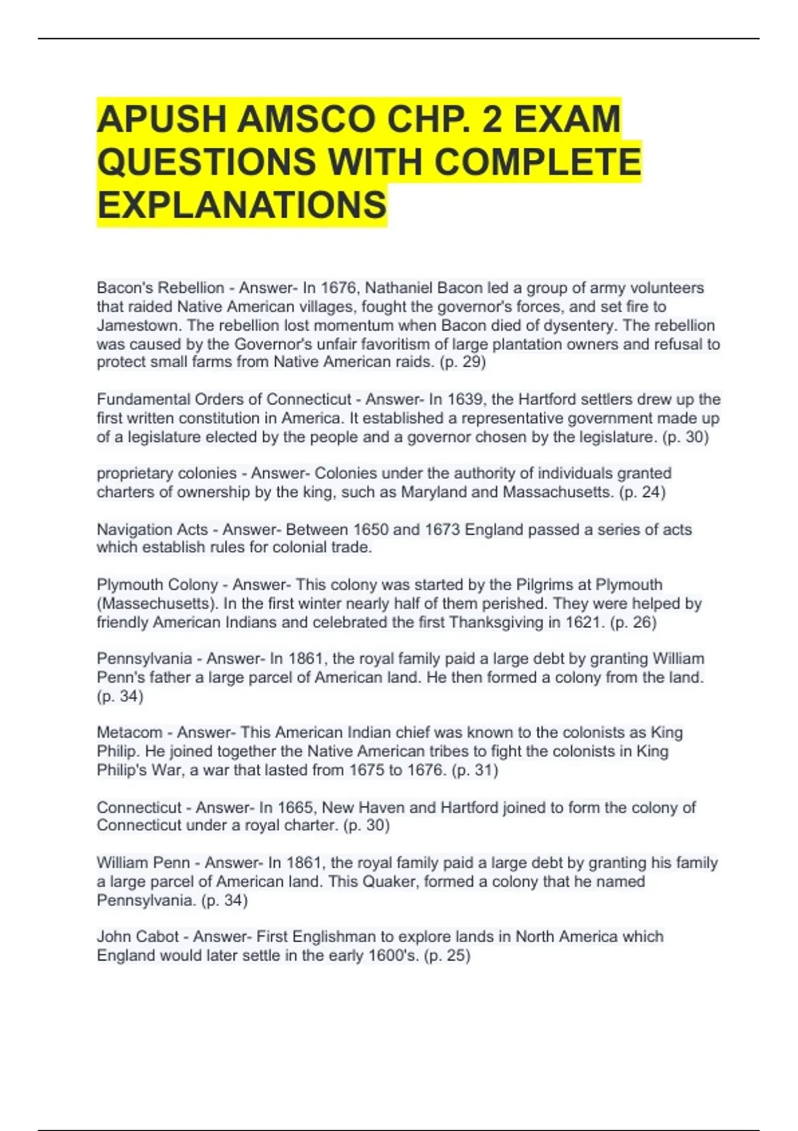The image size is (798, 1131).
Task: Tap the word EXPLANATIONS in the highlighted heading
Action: [242, 205]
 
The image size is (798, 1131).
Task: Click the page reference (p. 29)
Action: [463, 362]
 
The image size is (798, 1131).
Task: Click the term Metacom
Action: [130, 732]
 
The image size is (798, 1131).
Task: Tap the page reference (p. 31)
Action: [475, 770]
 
